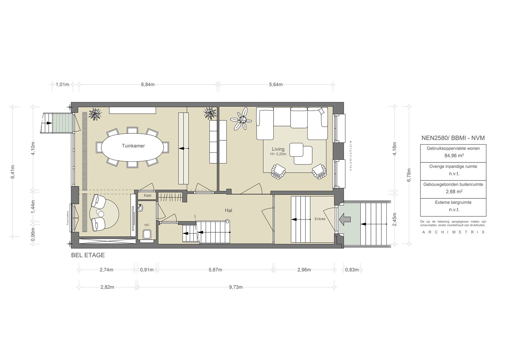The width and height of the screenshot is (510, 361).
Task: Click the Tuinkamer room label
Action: click(x=133, y=146)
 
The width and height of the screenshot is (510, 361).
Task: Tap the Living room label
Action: click(x=278, y=149)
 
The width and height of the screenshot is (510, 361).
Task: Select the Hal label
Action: click(x=228, y=210)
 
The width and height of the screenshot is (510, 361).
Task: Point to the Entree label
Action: click(x=320, y=219)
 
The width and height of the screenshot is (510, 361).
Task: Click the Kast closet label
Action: click(x=148, y=195)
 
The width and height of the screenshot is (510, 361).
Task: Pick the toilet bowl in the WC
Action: click(x=147, y=235)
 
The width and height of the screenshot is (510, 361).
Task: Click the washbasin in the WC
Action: click(x=141, y=208)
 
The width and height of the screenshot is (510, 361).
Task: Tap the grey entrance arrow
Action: click(x=345, y=220)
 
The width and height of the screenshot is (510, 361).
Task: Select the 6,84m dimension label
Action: click(x=148, y=85)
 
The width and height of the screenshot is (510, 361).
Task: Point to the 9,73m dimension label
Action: click(x=236, y=287)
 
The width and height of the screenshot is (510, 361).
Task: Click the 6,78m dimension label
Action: click(x=409, y=175)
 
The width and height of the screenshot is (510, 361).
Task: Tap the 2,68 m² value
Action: click(x=454, y=192)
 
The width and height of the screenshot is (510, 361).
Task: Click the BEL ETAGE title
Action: click(x=88, y=255)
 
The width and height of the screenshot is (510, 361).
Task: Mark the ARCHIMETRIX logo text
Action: click(x=453, y=232)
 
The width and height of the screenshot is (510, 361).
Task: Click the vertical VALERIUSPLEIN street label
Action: click(x=351, y=156)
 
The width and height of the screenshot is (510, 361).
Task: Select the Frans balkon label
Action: click(x=67, y=218)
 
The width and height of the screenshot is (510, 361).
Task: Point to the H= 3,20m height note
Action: click(x=278, y=154)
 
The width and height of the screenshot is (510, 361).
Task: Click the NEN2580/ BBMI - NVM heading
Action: click(x=453, y=138)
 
